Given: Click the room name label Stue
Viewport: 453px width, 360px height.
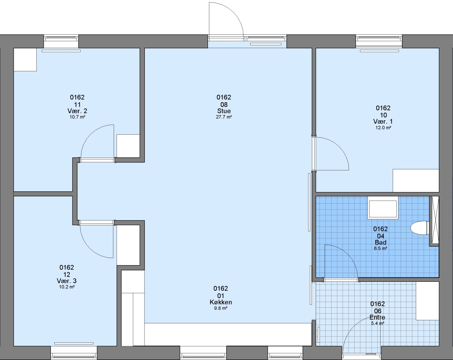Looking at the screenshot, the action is click(x=224, y=111).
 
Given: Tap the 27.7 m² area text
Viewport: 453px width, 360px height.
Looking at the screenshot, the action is click(x=224, y=117).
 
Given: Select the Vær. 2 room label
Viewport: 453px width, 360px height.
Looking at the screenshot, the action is click(x=77, y=111).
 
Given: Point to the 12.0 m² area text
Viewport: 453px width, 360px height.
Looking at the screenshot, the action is click(x=383, y=128).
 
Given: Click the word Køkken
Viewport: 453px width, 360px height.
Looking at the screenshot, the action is click(x=221, y=302).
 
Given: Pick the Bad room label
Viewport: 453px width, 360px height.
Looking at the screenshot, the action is click(x=381, y=242).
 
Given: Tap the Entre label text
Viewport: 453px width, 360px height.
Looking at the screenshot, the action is click(x=377, y=317).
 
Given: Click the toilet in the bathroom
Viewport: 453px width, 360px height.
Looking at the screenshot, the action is click(x=420, y=228).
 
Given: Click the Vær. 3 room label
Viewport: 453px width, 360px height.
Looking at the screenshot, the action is click(x=66, y=281).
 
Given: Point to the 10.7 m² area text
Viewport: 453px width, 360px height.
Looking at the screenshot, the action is click(x=77, y=117).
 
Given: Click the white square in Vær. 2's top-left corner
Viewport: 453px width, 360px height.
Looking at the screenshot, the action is click(x=25, y=60).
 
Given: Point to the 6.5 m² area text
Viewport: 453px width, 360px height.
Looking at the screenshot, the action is click(x=381, y=248).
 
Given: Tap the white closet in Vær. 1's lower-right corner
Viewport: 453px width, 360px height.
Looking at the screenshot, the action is click(x=416, y=181).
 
